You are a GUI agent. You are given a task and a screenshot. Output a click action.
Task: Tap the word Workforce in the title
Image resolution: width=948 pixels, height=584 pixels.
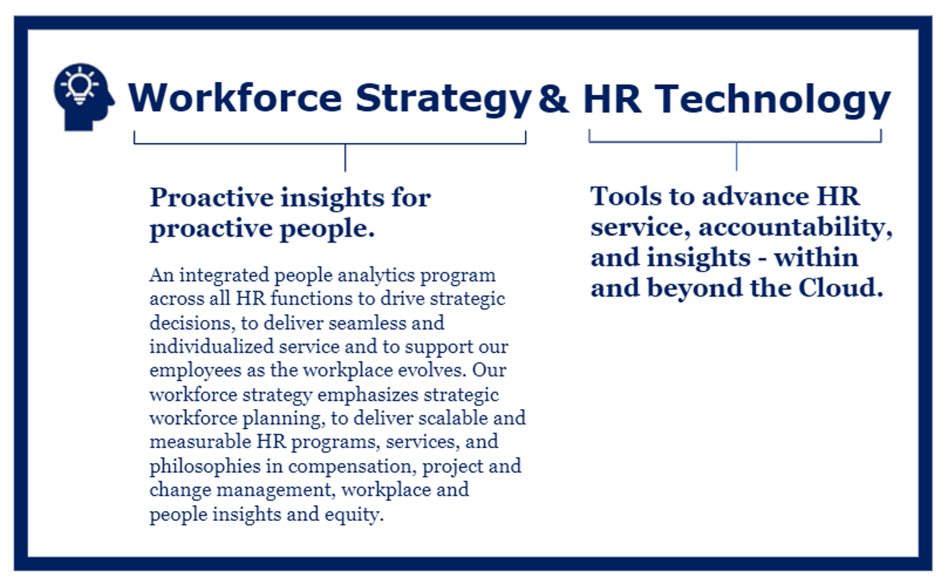click(x=235, y=98)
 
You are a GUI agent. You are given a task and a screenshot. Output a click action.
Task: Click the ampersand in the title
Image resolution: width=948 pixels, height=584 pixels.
click(x=553, y=98)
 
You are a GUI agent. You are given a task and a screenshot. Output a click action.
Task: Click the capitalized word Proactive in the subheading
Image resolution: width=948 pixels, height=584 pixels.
click(x=210, y=198)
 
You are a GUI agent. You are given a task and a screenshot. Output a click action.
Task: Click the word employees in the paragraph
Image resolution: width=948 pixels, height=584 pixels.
click(x=191, y=370)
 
